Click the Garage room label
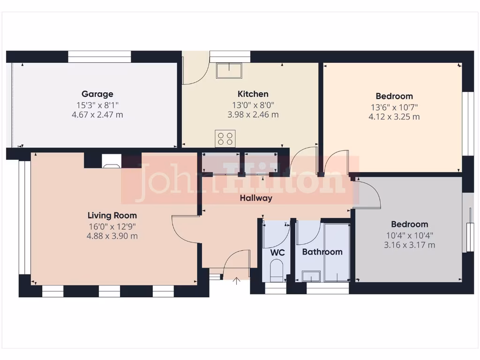97,94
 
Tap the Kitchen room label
253,94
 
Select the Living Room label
112,216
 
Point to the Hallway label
256,198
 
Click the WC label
278,252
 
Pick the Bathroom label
322,252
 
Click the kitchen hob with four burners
225,138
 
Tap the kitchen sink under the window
229,71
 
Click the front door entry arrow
237,281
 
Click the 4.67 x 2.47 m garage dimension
97,115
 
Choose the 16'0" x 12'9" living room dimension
112,226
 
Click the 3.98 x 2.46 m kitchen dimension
253,114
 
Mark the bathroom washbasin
310,276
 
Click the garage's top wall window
99,57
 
